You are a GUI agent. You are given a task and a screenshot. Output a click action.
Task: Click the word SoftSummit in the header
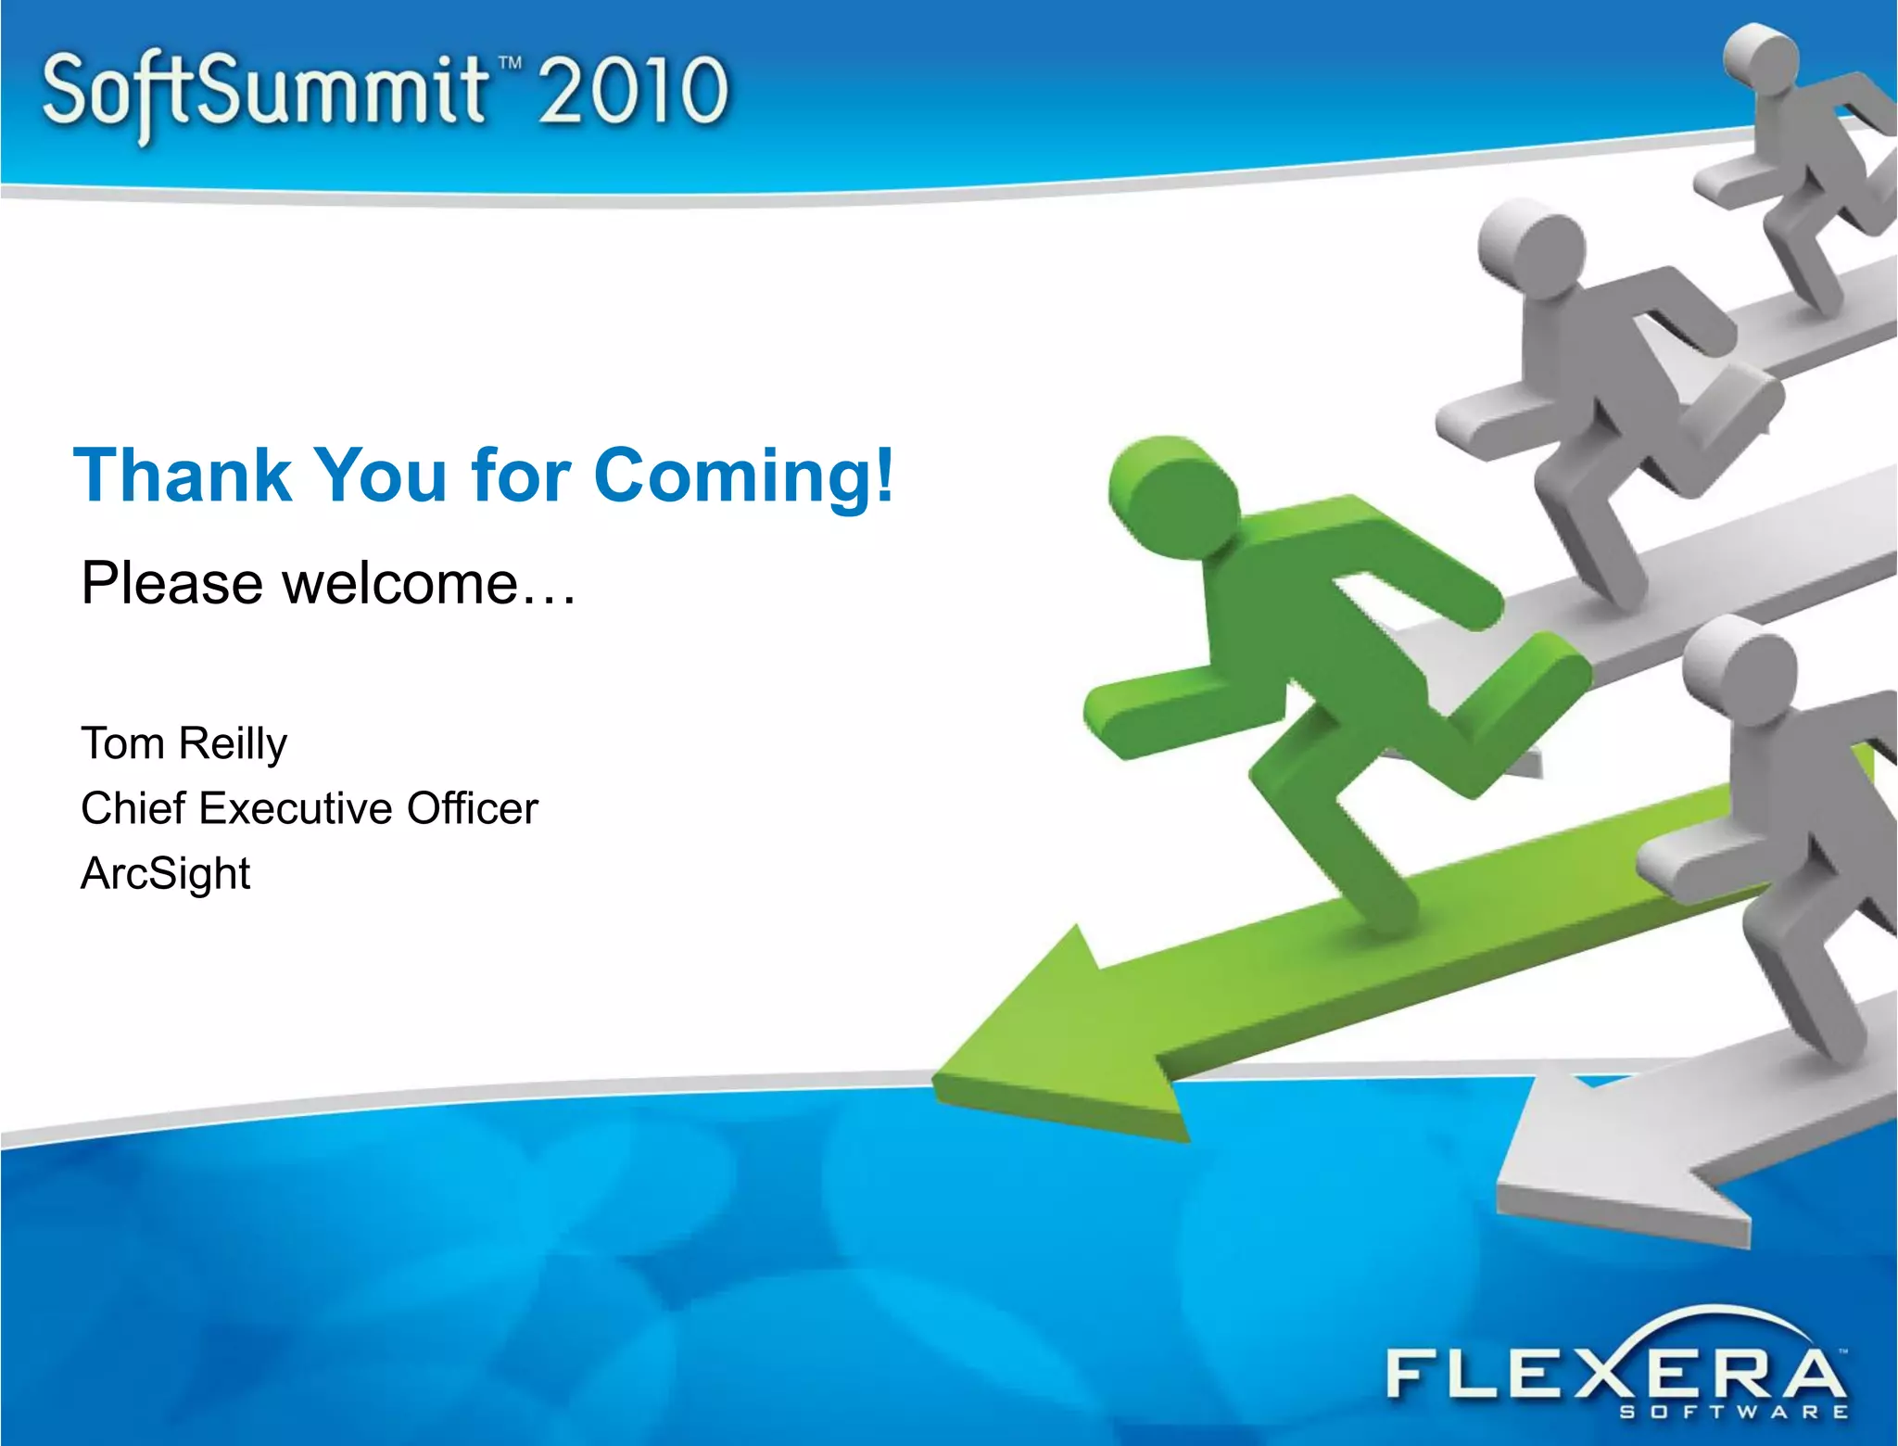coord(264,93)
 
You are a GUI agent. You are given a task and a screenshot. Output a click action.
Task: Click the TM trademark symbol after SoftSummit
coord(510,64)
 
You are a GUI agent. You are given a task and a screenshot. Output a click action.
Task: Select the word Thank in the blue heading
coord(182,476)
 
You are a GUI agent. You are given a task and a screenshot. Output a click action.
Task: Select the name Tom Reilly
coord(183,743)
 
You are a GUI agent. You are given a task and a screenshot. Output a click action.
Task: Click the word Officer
coord(472,808)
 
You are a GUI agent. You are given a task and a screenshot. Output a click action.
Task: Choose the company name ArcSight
coord(165,873)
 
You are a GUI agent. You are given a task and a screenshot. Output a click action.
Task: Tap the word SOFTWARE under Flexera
coord(1733,1413)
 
